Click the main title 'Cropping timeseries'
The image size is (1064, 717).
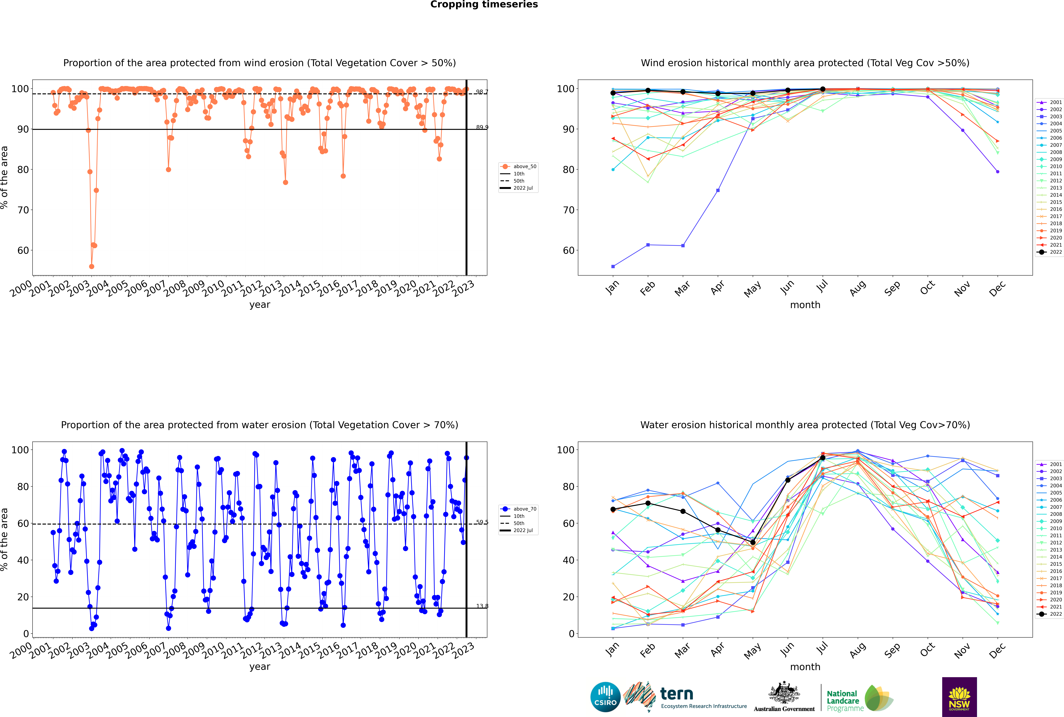click(484, 5)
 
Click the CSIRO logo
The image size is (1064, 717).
click(605, 697)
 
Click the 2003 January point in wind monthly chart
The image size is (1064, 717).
click(613, 266)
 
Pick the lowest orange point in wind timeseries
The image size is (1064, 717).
click(91, 266)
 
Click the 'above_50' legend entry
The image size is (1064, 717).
click(524, 166)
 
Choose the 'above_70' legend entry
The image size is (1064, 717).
click(524, 509)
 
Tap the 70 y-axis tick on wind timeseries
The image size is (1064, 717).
click(23, 210)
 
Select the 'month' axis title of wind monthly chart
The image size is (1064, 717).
click(805, 305)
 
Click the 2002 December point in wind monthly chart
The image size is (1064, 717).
click(998, 171)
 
